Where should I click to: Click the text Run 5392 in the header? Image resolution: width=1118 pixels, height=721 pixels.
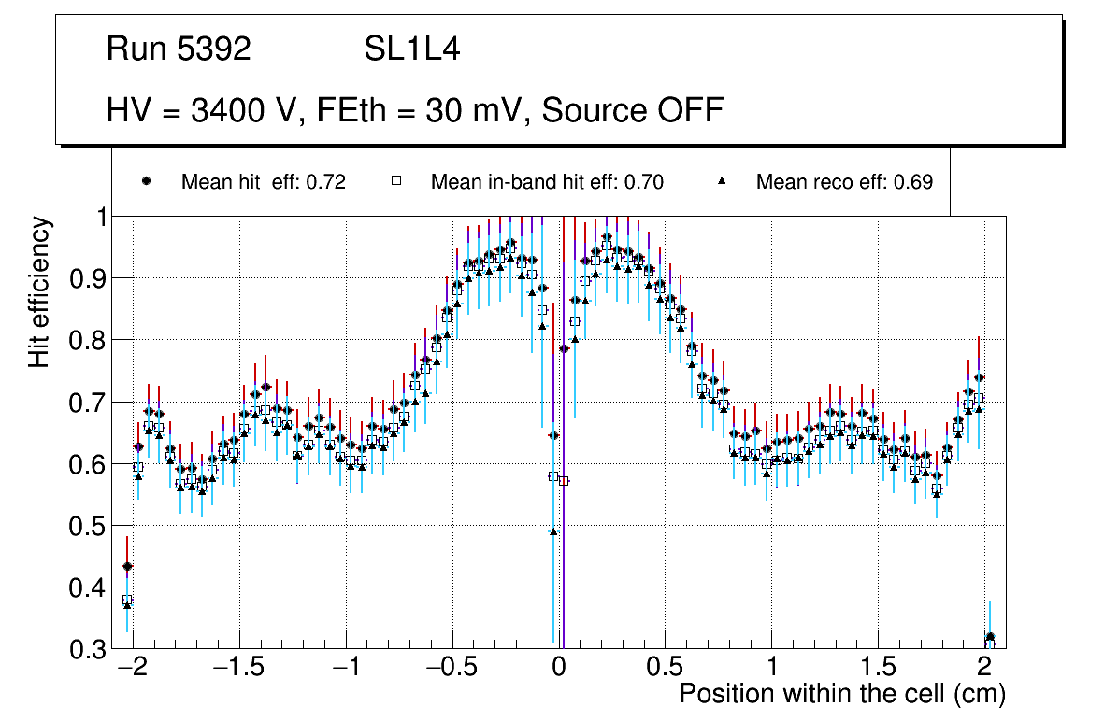179,49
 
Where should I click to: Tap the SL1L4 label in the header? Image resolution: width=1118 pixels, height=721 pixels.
411,49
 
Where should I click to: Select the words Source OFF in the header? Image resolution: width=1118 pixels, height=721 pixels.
633,110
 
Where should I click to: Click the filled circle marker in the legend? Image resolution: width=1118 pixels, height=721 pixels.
146,181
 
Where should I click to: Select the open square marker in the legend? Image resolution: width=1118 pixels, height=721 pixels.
395,181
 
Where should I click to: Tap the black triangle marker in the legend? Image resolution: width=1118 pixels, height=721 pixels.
721,181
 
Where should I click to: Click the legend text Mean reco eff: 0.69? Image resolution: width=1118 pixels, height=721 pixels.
844,182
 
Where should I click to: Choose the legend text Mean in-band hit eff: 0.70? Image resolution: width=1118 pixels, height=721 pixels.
547,182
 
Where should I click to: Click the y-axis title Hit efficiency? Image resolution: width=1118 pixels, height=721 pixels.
39,292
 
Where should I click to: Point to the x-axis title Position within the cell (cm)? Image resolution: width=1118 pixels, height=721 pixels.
841,694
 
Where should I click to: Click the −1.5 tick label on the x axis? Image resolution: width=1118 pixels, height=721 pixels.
239,669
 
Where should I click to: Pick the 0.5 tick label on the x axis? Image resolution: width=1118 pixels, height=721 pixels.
665,669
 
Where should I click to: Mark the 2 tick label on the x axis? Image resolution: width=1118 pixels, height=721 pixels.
984,669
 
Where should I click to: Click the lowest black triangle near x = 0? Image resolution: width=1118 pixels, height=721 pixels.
552,531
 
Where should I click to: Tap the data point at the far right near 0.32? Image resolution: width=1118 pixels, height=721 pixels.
990,638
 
